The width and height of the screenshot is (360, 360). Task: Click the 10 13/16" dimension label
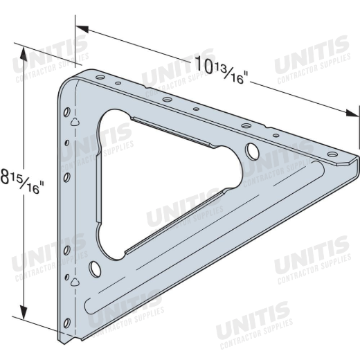point(221,69)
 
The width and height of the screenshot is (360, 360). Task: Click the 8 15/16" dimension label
point(21,181)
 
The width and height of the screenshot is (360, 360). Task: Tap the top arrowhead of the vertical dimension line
point(24,55)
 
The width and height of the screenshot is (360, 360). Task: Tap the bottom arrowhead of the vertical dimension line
point(24,312)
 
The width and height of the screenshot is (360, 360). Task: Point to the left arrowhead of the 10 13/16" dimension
point(82,29)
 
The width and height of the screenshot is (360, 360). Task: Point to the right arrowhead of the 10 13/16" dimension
point(352,113)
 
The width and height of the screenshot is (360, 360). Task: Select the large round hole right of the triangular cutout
point(252,152)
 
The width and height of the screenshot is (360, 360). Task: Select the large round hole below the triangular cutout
point(95,269)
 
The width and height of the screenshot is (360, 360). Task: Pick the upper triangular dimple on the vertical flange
point(75,122)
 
